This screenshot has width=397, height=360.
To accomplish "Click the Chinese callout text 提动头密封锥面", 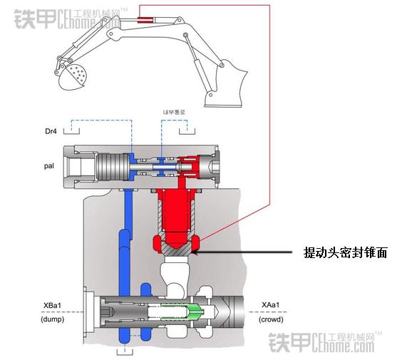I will coord(345,252).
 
